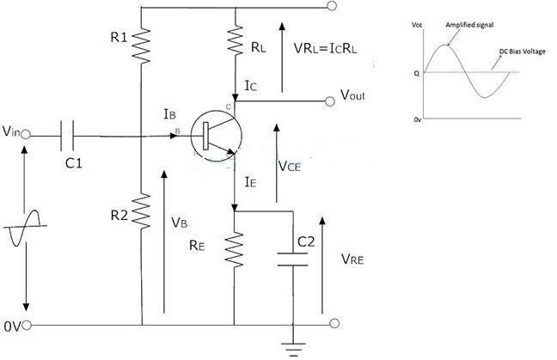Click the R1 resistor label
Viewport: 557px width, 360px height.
pyautogui.click(x=119, y=37)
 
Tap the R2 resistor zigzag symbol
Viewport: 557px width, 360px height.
pyautogui.click(x=141, y=211)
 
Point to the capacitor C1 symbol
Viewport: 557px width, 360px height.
pyautogui.click(x=67, y=135)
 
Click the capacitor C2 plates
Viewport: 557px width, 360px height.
pyautogui.click(x=292, y=259)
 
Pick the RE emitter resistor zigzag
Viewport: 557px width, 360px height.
pyautogui.click(x=235, y=249)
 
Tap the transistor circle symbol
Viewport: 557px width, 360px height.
pyautogui.click(x=216, y=135)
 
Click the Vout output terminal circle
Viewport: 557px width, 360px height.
pyautogui.click(x=330, y=101)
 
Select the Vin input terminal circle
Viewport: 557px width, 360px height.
pyautogui.click(x=26, y=135)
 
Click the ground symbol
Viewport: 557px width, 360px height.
pyautogui.click(x=293, y=350)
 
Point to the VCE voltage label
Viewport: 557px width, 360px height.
pyautogui.click(x=290, y=166)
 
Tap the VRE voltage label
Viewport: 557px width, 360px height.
pyautogui.click(x=352, y=259)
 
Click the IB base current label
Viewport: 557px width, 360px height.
pyautogui.click(x=170, y=114)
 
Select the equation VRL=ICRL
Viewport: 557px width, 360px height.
pyautogui.click(x=326, y=48)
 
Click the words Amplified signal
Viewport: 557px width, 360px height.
pyautogui.click(x=469, y=25)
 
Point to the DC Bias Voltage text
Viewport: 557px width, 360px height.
pyautogui.click(x=523, y=52)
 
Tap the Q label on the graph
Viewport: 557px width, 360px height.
pyautogui.click(x=417, y=74)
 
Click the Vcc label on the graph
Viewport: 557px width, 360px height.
pyautogui.click(x=417, y=25)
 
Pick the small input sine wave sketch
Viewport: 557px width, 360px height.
pyautogui.click(x=25, y=228)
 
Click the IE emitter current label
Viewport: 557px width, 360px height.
pyautogui.click(x=250, y=182)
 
